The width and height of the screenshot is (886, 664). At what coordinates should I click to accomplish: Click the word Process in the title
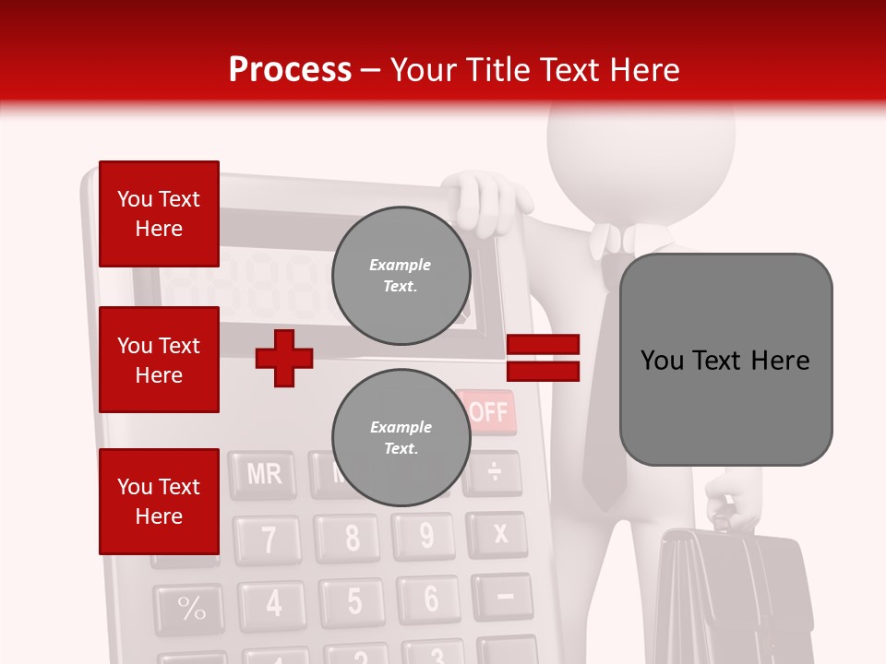290,69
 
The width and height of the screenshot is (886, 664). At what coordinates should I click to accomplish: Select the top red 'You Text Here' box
159,214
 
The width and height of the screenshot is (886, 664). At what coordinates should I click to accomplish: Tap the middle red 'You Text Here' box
159,360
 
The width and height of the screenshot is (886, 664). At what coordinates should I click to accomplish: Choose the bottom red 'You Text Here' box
159,502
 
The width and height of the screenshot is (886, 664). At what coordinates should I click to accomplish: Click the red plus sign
284,358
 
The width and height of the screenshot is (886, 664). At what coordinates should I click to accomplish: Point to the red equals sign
543,358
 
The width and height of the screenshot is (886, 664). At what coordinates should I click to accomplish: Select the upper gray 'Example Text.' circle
401,276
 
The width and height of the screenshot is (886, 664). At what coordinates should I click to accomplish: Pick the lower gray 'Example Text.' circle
401,438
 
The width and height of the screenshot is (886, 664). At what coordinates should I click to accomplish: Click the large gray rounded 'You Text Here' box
725,360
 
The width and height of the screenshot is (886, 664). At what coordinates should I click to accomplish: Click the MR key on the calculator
263,475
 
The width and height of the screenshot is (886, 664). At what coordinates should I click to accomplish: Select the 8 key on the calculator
352,538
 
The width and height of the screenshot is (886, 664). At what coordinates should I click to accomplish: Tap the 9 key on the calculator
425,536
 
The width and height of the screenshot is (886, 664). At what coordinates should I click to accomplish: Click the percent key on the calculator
191,609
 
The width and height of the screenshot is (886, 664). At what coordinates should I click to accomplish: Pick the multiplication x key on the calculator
499,534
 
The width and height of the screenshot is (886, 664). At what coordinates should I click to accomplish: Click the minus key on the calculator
504,597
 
